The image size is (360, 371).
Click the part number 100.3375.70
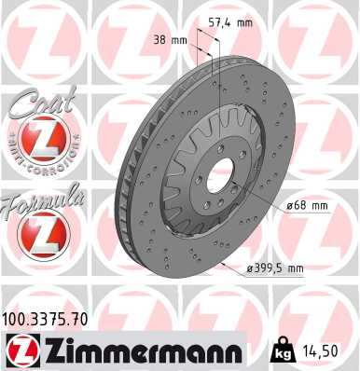[x=46, y=320]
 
